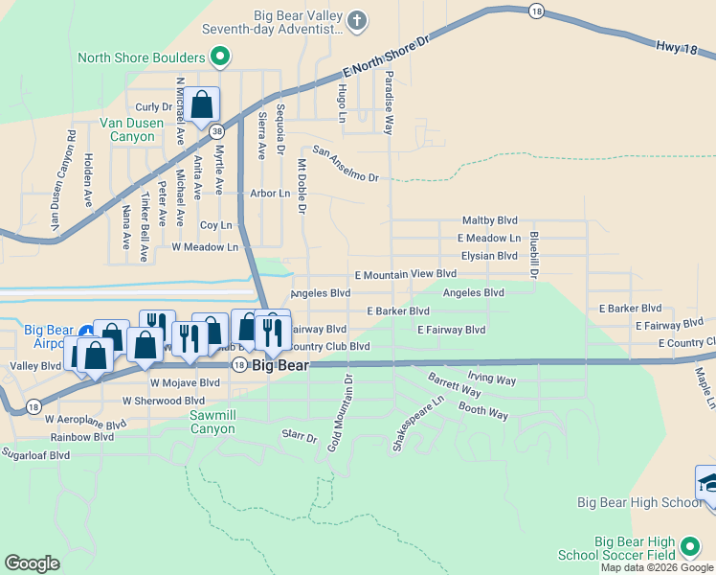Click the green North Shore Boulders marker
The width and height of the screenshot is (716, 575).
coord(220,57)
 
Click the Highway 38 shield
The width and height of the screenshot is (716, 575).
coord(218,129)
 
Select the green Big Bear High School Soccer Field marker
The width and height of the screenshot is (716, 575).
coord(688,547)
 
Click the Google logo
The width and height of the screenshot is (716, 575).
coord(33,563)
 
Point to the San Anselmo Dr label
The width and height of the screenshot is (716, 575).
coord(346,165)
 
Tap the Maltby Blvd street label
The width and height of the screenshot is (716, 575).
coord(489,219)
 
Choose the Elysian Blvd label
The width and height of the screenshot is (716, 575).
coord(488,256)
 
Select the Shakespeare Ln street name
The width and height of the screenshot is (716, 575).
coord(417,426)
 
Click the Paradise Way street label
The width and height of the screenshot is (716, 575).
coord(390,101)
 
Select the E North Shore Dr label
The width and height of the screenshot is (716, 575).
coord(387,58)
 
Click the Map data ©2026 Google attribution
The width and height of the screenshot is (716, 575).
coord(657,567)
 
